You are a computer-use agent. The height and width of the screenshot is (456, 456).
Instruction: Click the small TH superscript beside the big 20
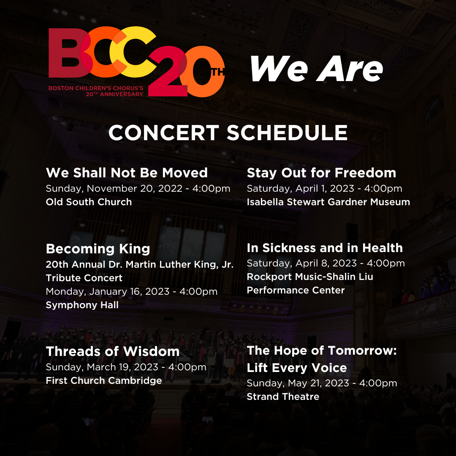[218, 71]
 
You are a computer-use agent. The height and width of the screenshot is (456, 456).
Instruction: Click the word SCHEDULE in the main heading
[287, 133]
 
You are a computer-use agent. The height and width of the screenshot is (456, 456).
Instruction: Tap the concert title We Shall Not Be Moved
[127, 173]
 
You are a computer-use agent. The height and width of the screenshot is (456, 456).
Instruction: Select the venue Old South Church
[89, 202]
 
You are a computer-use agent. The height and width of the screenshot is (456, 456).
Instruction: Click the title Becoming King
[98, 249]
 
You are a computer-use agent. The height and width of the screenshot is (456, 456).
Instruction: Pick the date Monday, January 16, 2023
[108, 291]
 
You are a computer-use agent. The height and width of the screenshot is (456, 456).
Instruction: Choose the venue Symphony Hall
[82, 305]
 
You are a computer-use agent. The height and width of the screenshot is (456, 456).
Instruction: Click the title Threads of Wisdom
[113, 351]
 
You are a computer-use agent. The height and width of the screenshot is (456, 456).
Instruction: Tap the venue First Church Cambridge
[104, 380]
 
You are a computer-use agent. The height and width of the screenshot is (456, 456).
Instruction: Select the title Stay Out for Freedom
[321, 173]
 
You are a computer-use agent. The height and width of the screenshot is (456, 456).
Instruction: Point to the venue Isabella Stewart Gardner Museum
[328, 202]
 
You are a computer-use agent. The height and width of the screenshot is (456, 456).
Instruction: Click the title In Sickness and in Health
[325, 248]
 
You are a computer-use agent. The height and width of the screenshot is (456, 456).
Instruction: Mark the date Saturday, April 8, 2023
[302, 263]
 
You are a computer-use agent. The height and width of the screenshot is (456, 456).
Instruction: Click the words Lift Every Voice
[297, 368]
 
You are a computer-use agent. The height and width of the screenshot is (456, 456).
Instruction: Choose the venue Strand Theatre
[283, 396]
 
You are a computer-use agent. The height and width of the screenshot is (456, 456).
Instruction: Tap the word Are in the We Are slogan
[350, 69]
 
